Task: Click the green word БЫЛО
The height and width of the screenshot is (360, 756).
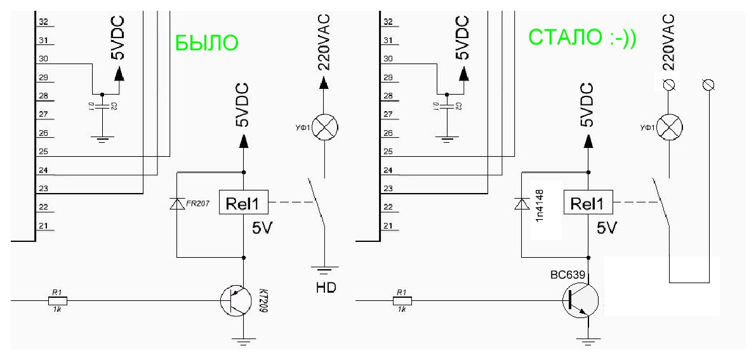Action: [x=206, y=43]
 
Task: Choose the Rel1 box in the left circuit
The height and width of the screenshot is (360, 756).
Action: [x=243, y=204]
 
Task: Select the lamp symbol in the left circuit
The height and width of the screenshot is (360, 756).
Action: [x=325, y=128]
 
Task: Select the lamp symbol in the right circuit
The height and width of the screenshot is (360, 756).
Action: [x=668, y=128]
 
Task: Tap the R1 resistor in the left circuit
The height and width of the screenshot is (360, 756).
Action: [x=57, y=300]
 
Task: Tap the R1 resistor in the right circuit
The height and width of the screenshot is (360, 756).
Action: [x=401, y=300]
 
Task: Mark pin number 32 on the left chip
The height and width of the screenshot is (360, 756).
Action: [x=44, y=22]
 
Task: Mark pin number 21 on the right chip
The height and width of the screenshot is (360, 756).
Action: [x=388, y=226]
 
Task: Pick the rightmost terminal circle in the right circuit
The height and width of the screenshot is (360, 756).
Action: [x=708, y=84]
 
